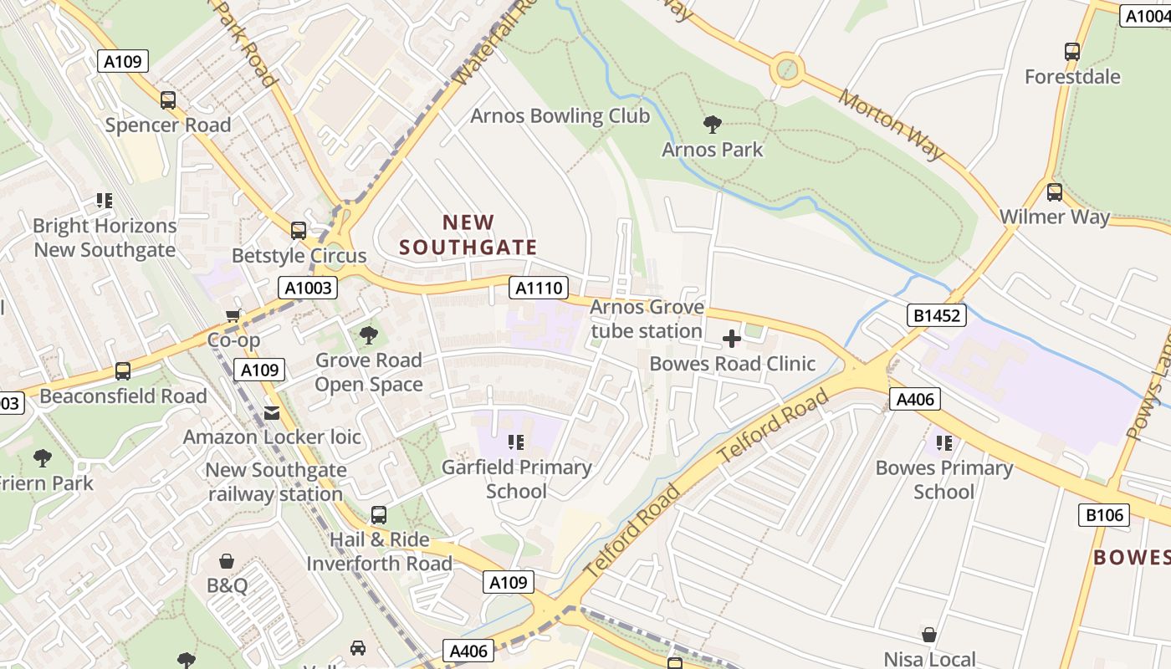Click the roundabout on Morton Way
click(787, 69)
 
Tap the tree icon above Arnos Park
click(713, 125)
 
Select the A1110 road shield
click(538, 289)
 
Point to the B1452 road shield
click(937, 315)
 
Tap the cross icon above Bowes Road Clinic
click(732, 339)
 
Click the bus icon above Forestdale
click(1072, 52)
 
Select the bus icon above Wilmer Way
click(1055, 192)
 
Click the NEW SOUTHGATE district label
click(468, 235)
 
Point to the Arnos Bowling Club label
click(560, 116)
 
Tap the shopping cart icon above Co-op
click(233, 315)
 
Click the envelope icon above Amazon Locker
click(272, 412)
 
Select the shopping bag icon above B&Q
click(227, 560)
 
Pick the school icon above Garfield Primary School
click(516, 442)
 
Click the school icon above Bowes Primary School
click(944, 442)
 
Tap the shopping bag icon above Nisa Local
click(929, 635)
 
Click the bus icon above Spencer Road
click(168, 100)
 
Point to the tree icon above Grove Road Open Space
click(368, 336)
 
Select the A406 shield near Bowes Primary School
click(914, 400)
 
